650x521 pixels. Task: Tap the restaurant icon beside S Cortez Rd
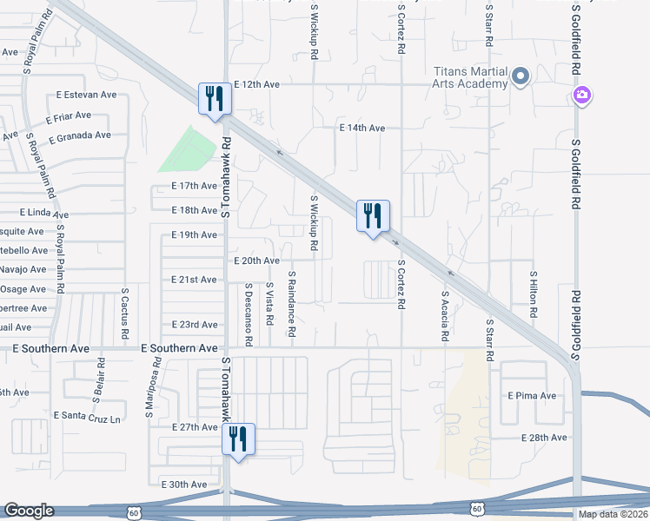pos(373,215)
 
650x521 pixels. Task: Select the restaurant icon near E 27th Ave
pos(237,439)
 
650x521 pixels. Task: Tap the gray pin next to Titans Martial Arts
pos(521,77)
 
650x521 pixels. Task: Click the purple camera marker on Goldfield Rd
pos(581,94)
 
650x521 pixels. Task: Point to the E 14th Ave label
pos(361,129)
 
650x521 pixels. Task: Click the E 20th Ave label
pos(256,260)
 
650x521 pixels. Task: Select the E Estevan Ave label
pos(86,95)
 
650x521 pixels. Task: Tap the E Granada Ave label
pos(80,136)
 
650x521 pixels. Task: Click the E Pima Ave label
pos(532,396)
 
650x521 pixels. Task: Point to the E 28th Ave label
pos(544,438)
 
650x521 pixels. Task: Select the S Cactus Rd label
pos(125,314)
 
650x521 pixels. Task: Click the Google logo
pos(29,511)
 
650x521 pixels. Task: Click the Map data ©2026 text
pos(613,514)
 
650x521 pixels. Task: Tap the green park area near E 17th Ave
pos(188,148)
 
